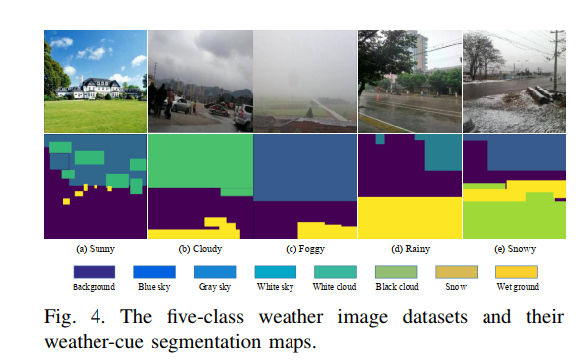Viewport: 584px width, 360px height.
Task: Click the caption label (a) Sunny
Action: tap(95, 248)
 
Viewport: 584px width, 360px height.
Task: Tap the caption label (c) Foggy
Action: tap(304, 248)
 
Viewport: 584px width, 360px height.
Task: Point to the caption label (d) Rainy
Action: tap(410, 248)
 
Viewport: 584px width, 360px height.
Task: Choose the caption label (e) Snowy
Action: tap(514, 248)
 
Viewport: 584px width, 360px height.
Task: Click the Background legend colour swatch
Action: tap(95, 270)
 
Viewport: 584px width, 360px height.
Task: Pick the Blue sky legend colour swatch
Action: tap(154, 270)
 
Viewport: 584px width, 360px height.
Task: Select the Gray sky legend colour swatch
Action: tap(214, 270)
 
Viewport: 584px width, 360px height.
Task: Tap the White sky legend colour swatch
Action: tap(275, 270)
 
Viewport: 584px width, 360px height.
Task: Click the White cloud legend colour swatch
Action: tap(335, 270)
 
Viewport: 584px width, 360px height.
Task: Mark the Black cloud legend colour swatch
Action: tap(395, 270)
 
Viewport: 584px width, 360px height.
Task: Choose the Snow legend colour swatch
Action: tap(456, 270)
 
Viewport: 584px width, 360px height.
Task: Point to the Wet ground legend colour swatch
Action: tap(515, 270)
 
